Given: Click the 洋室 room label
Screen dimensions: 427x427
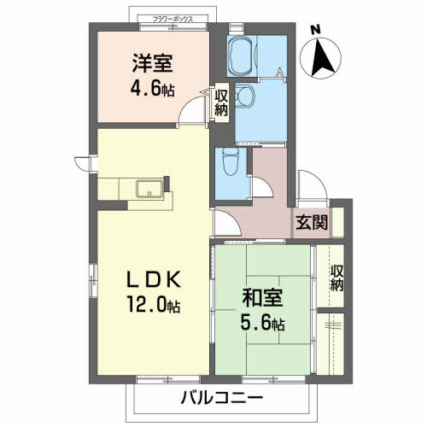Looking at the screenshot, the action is (152, 63).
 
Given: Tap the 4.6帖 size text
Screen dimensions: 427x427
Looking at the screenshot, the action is (152, 89).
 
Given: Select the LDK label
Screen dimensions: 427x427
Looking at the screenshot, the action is (154, 279).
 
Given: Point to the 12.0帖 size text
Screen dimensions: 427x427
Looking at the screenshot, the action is (154, 304).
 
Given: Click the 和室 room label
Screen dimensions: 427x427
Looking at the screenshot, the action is (262, 298).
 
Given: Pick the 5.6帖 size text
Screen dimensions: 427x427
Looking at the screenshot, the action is (262, 323).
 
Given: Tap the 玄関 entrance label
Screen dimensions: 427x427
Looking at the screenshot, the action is (312, 222).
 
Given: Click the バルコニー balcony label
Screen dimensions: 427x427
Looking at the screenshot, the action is (222, 398).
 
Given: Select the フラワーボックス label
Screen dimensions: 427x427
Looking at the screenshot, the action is (173, 20).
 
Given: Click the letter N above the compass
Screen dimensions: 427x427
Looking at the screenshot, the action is (315, 30).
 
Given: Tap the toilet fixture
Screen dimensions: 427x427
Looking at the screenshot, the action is (231, 161).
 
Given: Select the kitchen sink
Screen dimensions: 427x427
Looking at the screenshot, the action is (149, 189).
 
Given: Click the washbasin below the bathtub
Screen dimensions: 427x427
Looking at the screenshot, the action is (244, 96).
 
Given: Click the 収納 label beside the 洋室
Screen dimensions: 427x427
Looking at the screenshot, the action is (221, 102).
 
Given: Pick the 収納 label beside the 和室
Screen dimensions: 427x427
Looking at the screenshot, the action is (336, 278).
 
